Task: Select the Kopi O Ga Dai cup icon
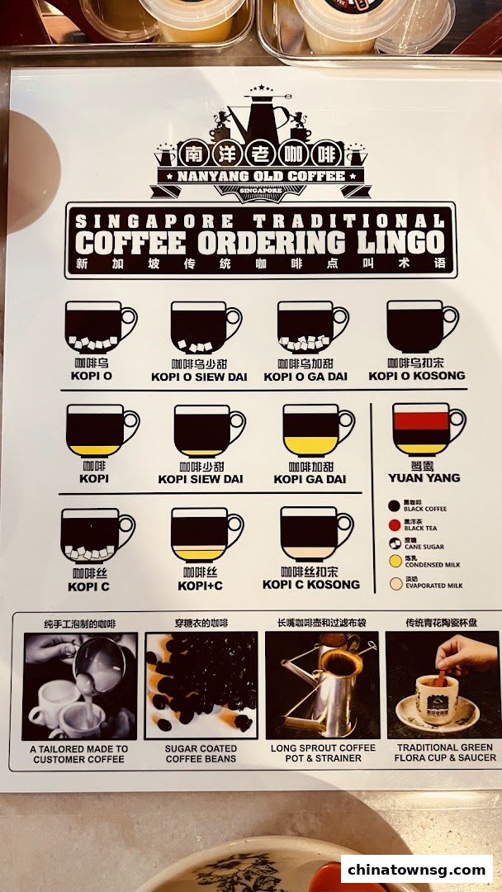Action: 307,327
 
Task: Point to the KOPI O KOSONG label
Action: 417,376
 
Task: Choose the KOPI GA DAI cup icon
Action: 312,430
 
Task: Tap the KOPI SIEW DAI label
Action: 201,479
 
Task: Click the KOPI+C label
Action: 201,586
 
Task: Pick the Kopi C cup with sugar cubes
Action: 92,535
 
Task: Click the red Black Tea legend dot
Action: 395,524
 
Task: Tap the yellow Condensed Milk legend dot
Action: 395,562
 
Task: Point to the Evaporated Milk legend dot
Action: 395,582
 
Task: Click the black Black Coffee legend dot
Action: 395,505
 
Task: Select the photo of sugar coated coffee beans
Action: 201,686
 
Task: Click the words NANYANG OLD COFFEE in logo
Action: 260,176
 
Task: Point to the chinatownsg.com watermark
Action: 416,869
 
